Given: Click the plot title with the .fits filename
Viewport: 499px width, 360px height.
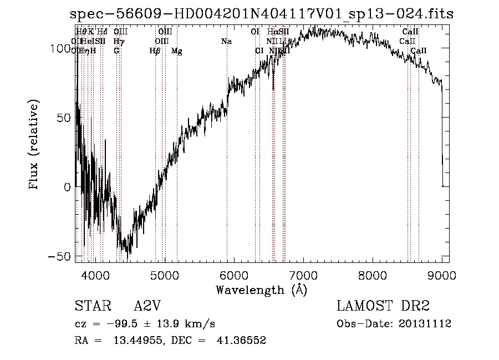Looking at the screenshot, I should [x=262, y=14].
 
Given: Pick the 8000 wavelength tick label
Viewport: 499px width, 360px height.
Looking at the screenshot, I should [x=373, y=275].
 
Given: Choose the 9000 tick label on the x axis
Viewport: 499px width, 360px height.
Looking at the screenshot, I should [x=442, y=275].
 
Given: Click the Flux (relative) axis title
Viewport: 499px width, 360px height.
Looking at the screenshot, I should [x=34, y=145].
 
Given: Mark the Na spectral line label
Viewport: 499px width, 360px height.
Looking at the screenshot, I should [x=226, y=41].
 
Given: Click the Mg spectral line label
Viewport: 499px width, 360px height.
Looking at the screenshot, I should [x=176, y=51].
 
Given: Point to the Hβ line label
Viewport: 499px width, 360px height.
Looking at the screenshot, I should [x=155, y=51].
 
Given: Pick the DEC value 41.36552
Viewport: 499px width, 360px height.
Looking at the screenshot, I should [x=242, y=341].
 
